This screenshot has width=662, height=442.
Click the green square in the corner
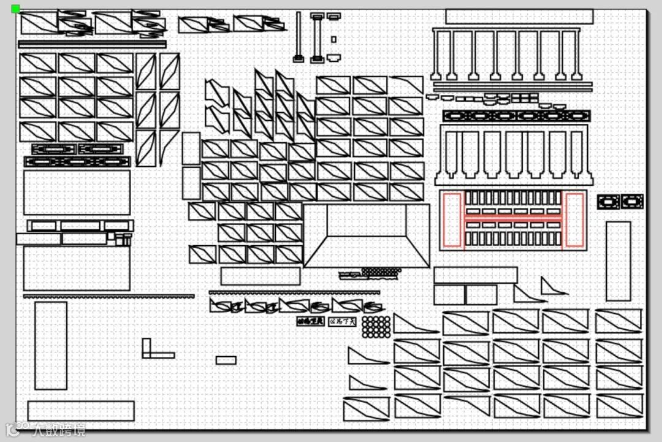click(15, 9)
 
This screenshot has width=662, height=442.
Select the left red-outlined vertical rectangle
click(452, 220)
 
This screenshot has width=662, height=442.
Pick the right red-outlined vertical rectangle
click(574, 220)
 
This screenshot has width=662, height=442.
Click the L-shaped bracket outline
click(153, 351)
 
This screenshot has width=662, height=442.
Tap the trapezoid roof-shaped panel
click(367, 236)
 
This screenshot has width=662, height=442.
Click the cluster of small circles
click(376, 327)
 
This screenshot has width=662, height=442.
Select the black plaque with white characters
click(310, 321)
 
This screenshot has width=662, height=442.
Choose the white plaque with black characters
click(342, 321)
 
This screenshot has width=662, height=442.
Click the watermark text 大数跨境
click(58, 430)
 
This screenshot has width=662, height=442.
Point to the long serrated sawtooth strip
click(109, 296)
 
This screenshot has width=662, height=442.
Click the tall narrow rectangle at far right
click(618, 261)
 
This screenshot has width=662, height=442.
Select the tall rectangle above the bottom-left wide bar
click(51, 345)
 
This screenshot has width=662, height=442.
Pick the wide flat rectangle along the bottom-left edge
click(81, 411)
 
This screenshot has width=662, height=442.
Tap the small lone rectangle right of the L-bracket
click(226, 360)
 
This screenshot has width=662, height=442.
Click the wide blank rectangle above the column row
click(519, 17)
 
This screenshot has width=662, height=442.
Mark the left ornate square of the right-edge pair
click(608, 202)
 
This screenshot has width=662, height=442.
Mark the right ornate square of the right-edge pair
click(632, 202)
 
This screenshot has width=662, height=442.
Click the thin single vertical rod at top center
click(299, 36)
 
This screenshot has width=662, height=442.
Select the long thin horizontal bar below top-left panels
click(92, 44)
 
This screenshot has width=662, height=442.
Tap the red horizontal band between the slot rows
click(513, 218)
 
